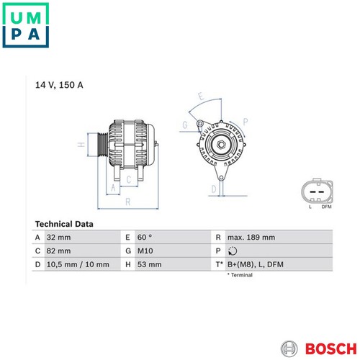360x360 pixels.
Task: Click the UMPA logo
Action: (x=26, y=25)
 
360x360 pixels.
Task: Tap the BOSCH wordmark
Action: (x=331, y=348)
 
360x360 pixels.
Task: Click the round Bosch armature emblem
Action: (x=289, y=348)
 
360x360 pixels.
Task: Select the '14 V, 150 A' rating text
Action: (x=59, y=85)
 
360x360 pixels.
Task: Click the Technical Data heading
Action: (x=64, y=224)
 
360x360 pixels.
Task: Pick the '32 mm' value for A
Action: (x=58, y=238)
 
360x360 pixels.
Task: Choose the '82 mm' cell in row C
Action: (x=58, y=251)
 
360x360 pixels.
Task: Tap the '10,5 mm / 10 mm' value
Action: (x=78, y=264)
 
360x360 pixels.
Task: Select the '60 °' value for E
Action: (x=145, y=238)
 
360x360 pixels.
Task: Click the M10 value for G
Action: (x=145, y=251)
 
